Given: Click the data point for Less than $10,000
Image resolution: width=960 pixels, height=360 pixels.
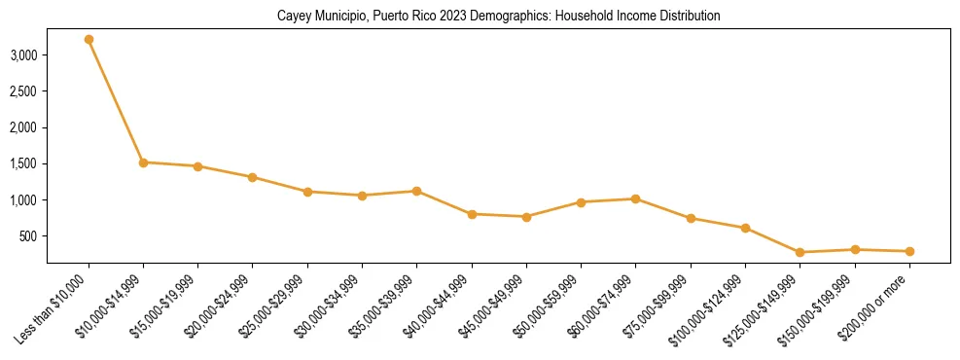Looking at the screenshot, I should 89,40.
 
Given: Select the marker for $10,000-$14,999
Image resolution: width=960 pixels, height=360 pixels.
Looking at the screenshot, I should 143,162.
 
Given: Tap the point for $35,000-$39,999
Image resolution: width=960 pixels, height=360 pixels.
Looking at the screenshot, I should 416,191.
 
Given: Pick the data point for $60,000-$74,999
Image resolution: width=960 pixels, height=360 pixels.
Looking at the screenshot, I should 635,198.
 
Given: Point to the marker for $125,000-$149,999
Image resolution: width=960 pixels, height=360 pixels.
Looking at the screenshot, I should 800,252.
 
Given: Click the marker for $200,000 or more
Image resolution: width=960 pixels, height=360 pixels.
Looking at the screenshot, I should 908,251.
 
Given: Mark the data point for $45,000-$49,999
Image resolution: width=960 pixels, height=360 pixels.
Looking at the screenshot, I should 526,217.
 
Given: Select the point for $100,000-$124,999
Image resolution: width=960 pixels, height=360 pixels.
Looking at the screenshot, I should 745,228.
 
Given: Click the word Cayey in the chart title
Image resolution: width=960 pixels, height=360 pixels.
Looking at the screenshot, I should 293,17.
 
